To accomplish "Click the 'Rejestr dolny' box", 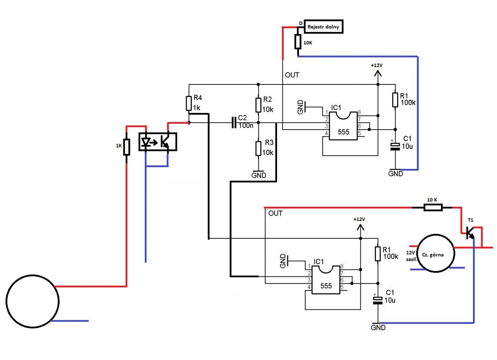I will click(x=324, y=27).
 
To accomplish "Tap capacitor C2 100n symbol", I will click(x=234, y=122).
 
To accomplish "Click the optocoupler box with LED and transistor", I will click(x=157, y=142).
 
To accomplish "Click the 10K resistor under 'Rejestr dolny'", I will click(x=297, y=42).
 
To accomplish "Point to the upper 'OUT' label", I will click(x=292, y=75).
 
